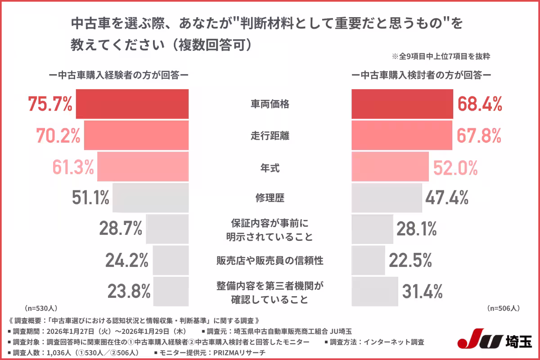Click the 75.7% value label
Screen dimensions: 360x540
click(50, 104)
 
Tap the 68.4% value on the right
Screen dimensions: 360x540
click(480, 104)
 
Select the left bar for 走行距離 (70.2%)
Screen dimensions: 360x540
click(136, 135)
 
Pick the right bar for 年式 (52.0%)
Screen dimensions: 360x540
click(390, 166)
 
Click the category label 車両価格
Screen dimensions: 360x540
click(270, 104)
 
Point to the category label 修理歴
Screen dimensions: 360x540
click(270, 198)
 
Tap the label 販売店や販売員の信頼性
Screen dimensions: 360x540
click(270, 260)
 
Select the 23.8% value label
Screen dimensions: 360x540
click(128, 292)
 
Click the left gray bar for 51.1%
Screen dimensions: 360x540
click(150, 198)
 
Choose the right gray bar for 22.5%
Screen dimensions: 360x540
click(368, 260)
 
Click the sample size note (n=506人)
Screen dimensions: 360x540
click(504, 308)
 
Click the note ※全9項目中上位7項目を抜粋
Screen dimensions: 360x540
click(441, 57)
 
